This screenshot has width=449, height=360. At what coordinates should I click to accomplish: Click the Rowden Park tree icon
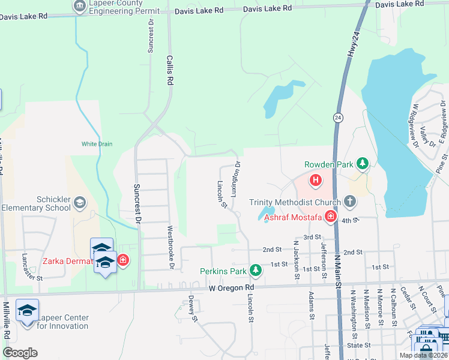click(362, 163)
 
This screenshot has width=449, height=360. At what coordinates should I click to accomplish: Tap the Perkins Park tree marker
click(256, 271)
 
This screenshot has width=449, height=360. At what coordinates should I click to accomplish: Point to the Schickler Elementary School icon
click(79, 203)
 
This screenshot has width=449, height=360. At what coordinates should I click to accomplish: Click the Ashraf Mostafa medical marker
click(330, 217)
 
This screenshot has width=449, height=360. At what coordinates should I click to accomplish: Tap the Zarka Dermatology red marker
click(122, 260)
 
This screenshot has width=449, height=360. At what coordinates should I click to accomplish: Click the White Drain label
click(97, 144)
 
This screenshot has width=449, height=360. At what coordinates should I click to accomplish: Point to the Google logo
click(20, 353)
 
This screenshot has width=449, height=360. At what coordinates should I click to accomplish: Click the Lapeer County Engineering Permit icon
click(79, 7)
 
